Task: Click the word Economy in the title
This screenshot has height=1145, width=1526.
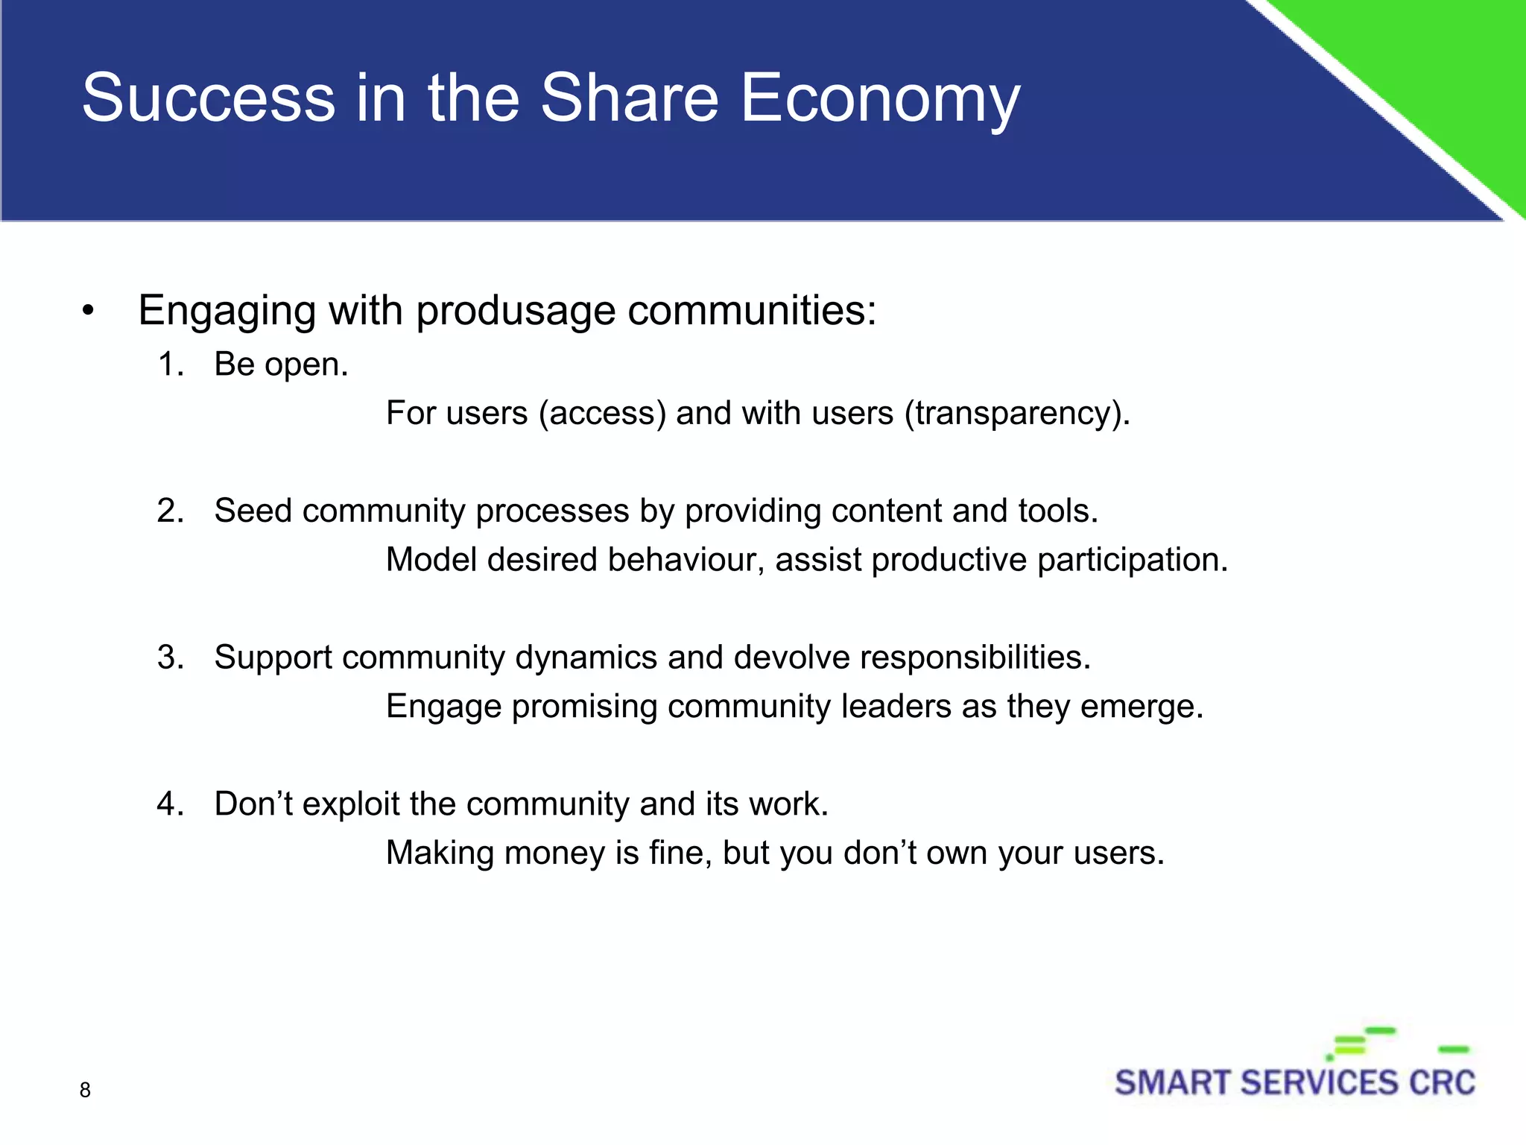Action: (879, 99)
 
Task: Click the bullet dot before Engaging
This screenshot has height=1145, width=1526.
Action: (89, 311)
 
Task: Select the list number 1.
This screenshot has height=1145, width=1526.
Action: (171, 365)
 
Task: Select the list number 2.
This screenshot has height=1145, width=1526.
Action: (171, 511)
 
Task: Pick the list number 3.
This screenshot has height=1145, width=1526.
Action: (171, 657)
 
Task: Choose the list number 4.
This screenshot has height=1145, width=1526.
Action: (171, 804)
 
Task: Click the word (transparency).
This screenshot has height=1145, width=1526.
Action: (1017, 414)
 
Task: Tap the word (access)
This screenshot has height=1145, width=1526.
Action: (602, 414)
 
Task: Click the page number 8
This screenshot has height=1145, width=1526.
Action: (85, 1090)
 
